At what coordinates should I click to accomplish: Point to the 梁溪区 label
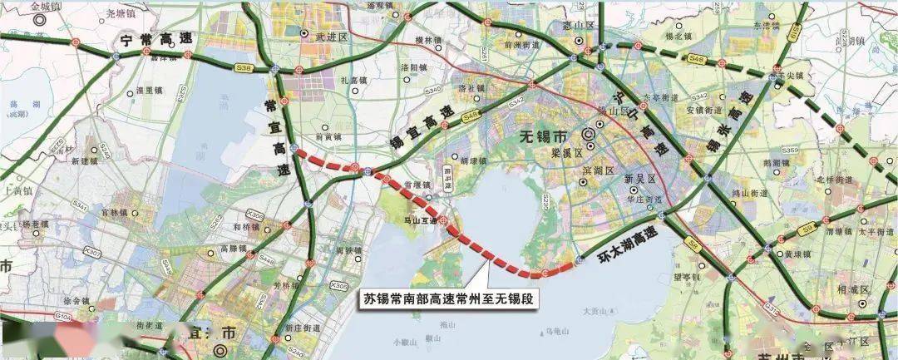click(565, 154)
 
